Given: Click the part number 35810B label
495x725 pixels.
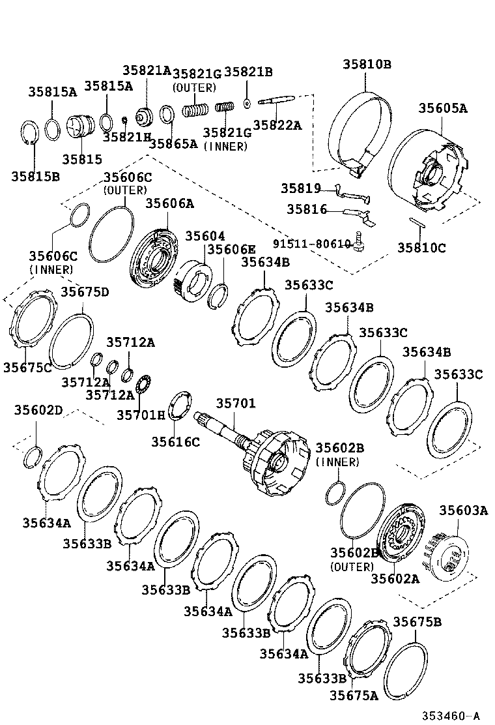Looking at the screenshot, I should click(367, 64).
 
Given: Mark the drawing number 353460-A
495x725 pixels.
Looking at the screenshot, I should click(449, 715).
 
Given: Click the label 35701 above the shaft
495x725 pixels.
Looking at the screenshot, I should click(236, 404).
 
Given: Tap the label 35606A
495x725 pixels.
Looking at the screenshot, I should click(169, 203).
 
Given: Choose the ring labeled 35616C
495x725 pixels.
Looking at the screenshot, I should click(179, 406).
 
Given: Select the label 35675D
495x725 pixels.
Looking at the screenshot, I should click(85, 291).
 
